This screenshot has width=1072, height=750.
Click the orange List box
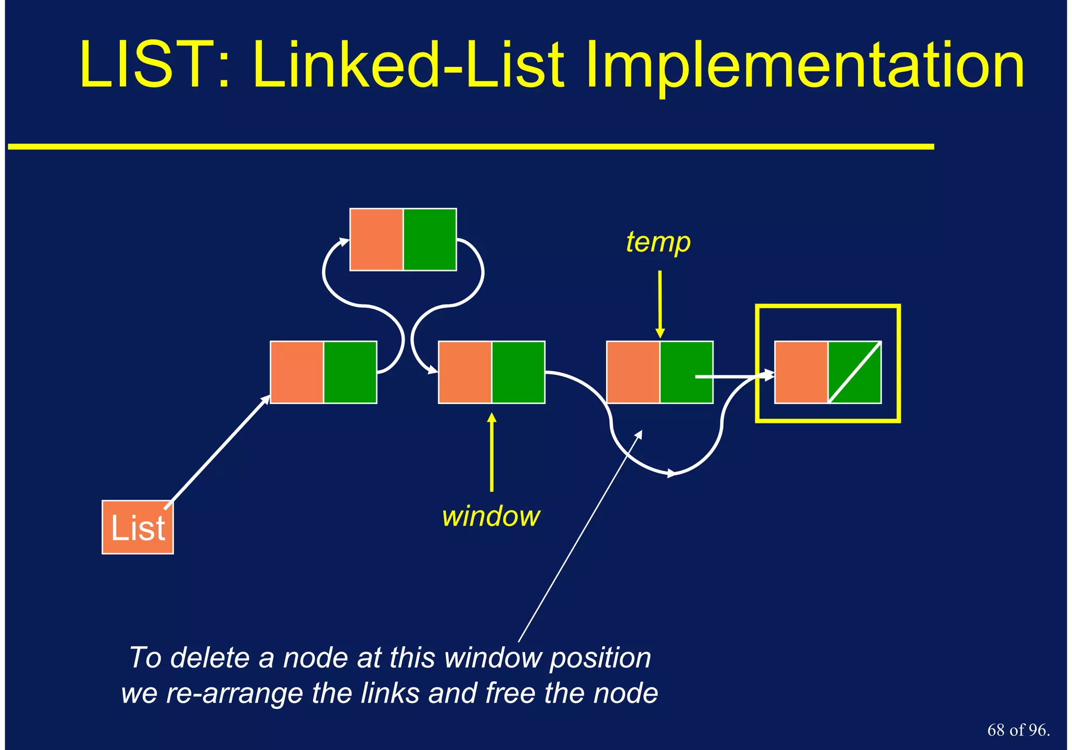tap(137, 527)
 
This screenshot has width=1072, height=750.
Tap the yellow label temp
tap(658, 242)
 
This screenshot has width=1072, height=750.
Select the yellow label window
tap(490, 517)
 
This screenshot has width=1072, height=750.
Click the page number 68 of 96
tap(1018, 730)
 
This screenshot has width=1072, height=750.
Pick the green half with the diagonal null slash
tap(855, 372)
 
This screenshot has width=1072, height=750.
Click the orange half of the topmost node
tap(376, 239)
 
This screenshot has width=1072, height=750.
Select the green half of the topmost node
tap(430, 239)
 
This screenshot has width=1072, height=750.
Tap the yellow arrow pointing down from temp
tap(660, 304)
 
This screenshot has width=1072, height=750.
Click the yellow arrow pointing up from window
tap(491, 453)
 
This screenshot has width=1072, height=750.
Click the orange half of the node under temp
tap(633, 372)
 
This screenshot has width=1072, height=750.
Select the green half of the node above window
tap(518, 372)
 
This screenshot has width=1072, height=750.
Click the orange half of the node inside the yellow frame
tap(801, 372)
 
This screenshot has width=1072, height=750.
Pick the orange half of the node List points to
tap(297, 372)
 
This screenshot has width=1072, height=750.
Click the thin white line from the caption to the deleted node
tap(578, 539)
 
